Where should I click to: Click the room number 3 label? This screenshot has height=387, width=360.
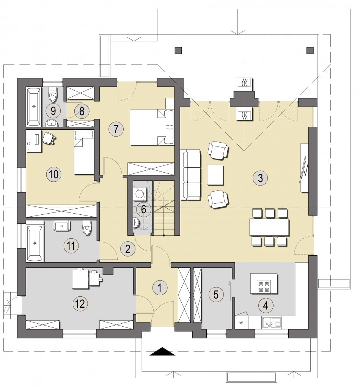260,178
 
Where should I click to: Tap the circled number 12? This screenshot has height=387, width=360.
80,303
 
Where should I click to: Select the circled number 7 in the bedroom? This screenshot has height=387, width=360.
116,129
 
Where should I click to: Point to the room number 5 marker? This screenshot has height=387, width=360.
216,294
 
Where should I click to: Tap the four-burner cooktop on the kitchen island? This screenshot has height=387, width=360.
264,286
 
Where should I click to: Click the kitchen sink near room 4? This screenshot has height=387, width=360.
271,323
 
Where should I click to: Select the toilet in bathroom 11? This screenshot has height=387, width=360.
87,228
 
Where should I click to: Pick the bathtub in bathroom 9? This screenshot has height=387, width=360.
33,107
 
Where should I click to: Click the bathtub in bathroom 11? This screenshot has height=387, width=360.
35,243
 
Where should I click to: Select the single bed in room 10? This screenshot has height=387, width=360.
84,153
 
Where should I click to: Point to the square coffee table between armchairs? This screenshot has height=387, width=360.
215,175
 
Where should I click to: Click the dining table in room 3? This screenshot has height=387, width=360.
269,227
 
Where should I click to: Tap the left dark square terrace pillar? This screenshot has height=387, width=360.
178,50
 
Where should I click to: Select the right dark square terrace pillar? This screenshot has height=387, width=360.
310,50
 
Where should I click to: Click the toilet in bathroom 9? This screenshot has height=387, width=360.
53,94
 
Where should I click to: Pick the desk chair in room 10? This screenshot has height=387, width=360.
49,137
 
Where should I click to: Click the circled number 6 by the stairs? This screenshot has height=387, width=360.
143,209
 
